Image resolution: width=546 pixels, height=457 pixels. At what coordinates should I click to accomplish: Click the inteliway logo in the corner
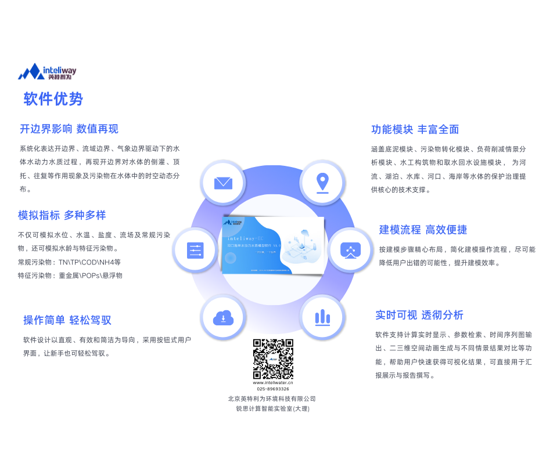click(x=47, y=72)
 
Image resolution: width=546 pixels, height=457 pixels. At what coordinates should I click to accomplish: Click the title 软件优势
click(x=53, y=99)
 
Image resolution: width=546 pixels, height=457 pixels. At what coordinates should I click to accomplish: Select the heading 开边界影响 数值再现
click(x=69, y=129)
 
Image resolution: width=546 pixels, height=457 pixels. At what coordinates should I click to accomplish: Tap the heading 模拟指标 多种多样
click(x=62, y=215)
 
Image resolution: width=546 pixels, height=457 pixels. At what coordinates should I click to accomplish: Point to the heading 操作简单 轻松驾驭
click(x=67, y=320)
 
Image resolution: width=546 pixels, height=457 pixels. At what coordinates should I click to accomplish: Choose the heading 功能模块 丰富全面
click(x=415, y=129)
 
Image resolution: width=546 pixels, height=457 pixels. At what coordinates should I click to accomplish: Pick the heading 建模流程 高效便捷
click(x=423, y=230)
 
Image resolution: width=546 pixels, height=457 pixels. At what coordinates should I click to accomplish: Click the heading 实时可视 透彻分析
click(x=419, y=315)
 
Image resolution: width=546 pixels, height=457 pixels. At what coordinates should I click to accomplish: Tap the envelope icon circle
click(x=223, y=183)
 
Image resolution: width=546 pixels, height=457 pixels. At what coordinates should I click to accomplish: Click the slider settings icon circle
click(x=195, y=251)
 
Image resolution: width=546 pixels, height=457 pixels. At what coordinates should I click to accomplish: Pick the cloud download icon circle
click(x=223, y=317)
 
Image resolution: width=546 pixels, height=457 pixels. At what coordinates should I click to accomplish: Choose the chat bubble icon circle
click(x=350, y=251)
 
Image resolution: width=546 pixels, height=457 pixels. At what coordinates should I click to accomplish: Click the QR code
click(x=273, y=359)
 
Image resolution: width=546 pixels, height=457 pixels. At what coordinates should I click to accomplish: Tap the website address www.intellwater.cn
click(x=273, y=382)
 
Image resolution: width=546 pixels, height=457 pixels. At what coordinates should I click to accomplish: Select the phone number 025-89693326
click(x=273, y=389)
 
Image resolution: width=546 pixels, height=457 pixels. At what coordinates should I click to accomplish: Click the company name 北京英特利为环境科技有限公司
click(x=272, y=399)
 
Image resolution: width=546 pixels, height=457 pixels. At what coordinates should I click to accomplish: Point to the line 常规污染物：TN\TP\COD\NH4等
click(x=69, y=262)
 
